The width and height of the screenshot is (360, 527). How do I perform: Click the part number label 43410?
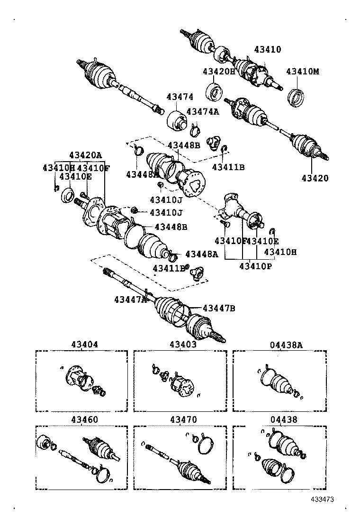tap(268, 49)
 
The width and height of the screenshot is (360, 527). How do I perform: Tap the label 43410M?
tap(303, 72)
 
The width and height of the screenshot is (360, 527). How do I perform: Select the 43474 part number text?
tap(180, 97)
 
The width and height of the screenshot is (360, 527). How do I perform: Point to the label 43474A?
tap(203, 112)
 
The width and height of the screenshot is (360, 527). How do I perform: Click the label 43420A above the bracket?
tap(85, 154)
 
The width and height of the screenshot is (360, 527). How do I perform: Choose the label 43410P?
tap(255, 266)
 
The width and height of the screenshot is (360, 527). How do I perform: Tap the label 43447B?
tap(218, 309)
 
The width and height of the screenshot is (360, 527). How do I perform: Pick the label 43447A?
tap(130, 299)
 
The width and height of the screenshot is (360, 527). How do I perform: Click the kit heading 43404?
tap(85, 345)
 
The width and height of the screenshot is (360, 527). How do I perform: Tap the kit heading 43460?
tap(85, 420)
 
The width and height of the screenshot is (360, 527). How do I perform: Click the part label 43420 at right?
tap(315, 179)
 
